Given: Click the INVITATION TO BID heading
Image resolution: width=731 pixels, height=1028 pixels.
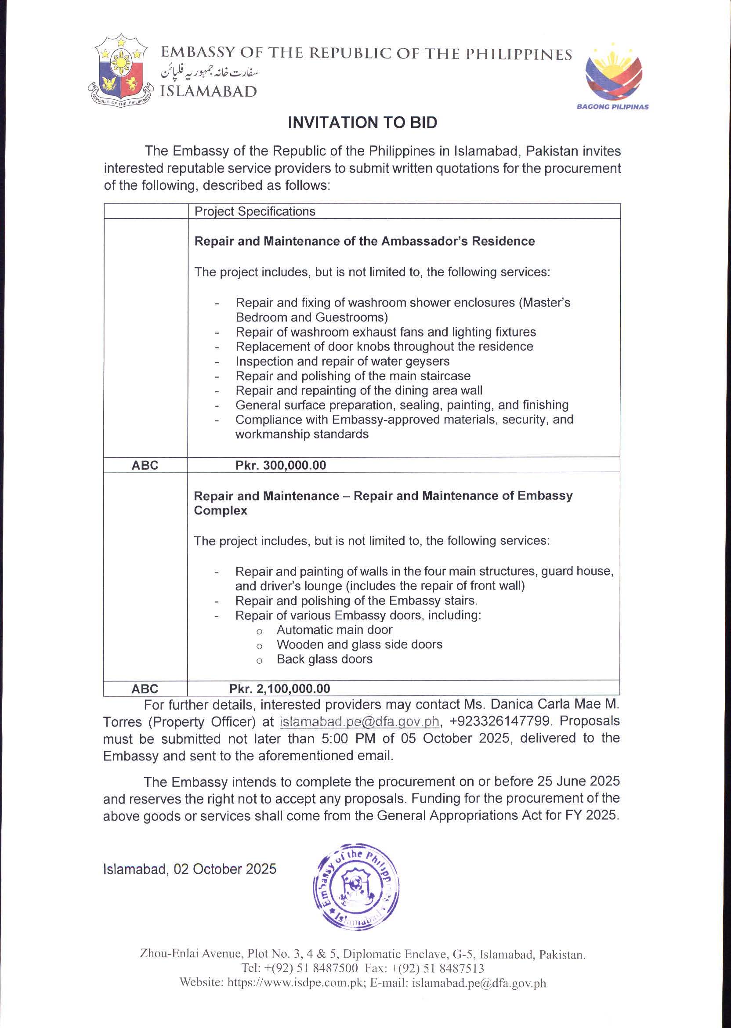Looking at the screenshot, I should coord(362,123).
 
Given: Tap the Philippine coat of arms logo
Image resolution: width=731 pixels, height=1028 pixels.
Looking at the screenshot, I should coord(120,72).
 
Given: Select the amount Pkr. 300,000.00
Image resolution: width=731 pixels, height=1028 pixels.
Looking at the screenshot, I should coord(280,465).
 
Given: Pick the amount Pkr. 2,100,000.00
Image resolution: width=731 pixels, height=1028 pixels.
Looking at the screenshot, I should coord(279,689).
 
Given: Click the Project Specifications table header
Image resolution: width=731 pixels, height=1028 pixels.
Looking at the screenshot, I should coord(255,212).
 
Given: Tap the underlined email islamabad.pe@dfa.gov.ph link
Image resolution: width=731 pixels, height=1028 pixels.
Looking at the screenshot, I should coord(359,721).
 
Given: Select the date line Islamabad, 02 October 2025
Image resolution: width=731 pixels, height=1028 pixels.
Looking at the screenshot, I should coord(189,869).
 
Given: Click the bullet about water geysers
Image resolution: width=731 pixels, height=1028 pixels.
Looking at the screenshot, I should coord(342,362).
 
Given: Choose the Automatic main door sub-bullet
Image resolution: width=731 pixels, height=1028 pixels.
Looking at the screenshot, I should coord(334,630).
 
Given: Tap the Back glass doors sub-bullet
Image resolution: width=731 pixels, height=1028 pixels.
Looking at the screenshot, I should coord(325,659).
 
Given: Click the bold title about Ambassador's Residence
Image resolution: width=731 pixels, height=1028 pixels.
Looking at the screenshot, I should coord(364,241).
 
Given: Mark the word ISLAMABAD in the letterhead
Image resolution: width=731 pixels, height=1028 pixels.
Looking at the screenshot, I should coord(209,91).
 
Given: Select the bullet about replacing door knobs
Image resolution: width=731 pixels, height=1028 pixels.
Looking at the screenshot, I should coord(384,347).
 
